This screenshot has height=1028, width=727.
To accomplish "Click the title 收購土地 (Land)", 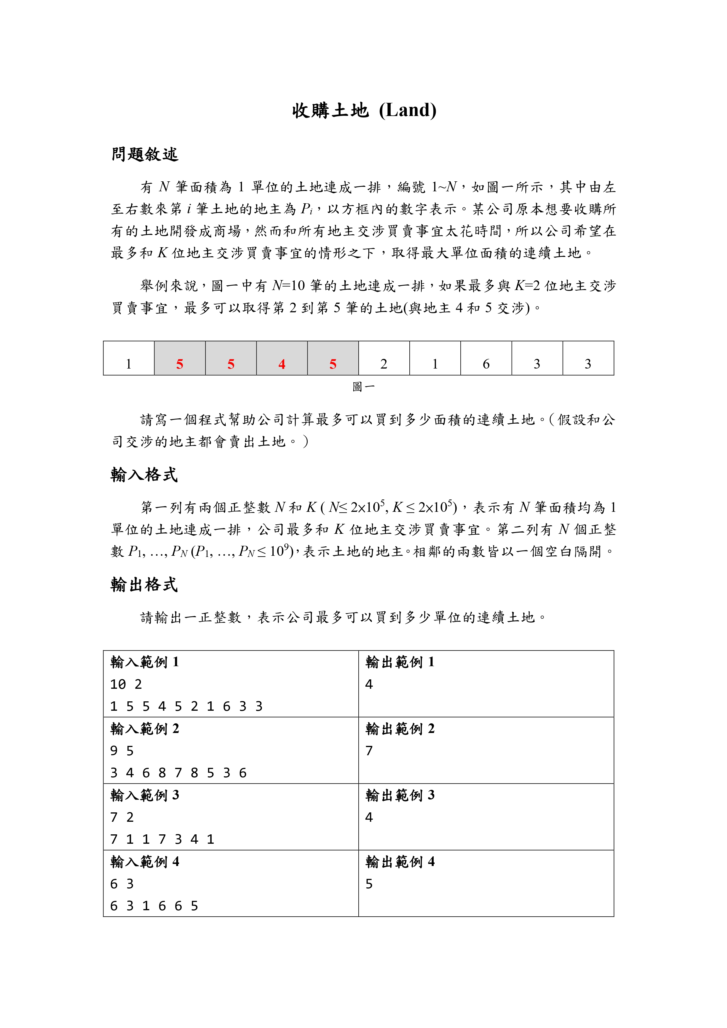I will [364, 110].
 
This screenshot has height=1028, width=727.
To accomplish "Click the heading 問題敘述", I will [145, 154].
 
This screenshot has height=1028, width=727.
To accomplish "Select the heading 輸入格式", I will [144, 475].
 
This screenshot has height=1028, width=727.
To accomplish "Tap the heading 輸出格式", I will [144, 584].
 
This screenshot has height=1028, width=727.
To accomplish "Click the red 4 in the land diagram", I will [282, 364].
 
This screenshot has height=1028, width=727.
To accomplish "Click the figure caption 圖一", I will [363, 386].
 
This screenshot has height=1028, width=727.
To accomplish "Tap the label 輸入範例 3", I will [145, 795].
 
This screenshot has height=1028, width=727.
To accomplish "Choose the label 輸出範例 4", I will [400, 861].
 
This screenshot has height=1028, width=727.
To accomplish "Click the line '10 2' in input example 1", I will [126, 684].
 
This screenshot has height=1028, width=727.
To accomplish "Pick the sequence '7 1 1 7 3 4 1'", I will [162, 839].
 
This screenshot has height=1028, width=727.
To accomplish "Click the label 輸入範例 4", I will [145, 861].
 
